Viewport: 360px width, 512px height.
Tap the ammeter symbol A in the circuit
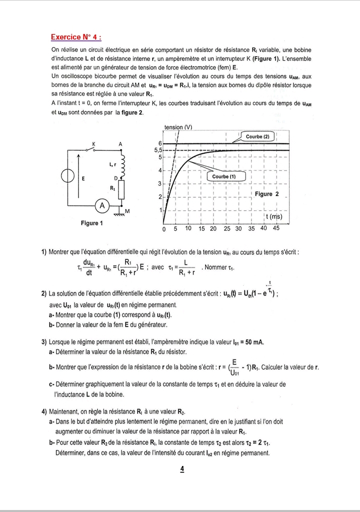click(102, 205)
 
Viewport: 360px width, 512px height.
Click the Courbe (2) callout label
click(257, 137)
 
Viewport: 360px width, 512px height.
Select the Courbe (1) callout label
click(223, 177)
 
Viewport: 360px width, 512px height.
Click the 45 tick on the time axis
click(276, 228)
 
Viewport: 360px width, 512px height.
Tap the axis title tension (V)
click(178, 127)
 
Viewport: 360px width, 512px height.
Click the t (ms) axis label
click(273, 217)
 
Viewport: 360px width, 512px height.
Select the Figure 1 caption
click(92, 223)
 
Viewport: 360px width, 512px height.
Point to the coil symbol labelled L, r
click(122, 162)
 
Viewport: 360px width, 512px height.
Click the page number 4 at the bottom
click(181, 469)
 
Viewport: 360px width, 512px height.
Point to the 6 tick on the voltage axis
click(160, 144)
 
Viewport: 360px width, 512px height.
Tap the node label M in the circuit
click(127, 211)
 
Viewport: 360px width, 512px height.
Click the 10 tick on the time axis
click(188, 228)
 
